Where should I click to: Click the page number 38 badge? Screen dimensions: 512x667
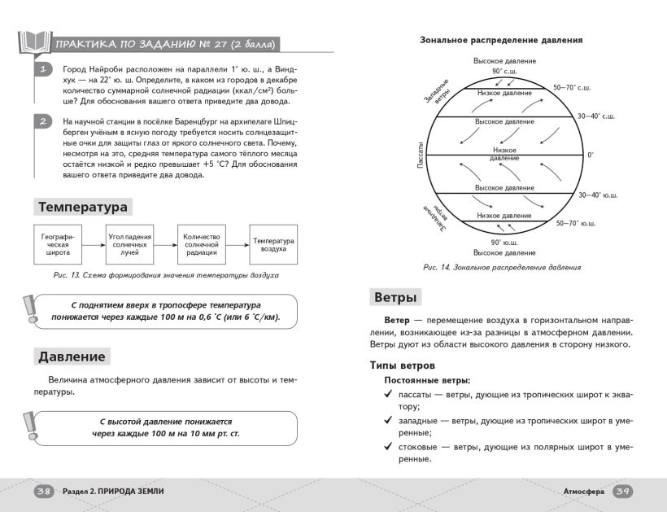(43, 491)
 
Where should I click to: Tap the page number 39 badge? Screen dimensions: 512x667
(623, 491)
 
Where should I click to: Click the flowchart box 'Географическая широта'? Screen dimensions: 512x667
(58, 244)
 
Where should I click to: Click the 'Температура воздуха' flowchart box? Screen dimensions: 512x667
(273, 244)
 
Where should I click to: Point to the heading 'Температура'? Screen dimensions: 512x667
(82, 207)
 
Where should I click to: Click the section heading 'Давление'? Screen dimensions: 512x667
(72, 357)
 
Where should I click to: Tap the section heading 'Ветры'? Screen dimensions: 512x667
(396, 297)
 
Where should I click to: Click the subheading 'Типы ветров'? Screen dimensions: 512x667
(403, 365)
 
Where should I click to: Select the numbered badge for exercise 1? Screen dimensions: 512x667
(43, 71)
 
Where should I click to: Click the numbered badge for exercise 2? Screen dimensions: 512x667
(43, 122)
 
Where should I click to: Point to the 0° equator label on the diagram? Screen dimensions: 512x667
(591, 155)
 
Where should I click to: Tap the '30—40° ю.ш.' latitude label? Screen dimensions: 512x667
(598, 195)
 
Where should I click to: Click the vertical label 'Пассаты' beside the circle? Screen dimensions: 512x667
(420, 155)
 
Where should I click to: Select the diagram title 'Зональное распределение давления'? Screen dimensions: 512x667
(501, 39)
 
